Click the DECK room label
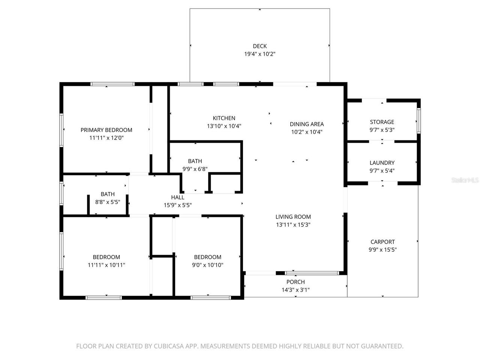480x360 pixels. click(x=259, y=46)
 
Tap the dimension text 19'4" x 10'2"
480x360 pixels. click(x=259, y=54)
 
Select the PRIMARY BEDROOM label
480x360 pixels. click(x=106, y=130)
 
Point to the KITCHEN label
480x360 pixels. click(x=224, y=118)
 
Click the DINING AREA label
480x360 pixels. click(x=307, y=124)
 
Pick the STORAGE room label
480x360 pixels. click(x=382, y=122)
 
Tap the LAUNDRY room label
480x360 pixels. click(x=382, y=163)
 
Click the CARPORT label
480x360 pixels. click(x=382, y=242)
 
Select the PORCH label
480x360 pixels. click(x=295, y=282)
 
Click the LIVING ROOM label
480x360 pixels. click(x=293, y=217)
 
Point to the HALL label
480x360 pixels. click(x=178, y=197)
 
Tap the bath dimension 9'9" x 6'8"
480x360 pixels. click(x=195, y=169)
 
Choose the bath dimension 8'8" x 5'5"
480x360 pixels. click(x=108, y=202)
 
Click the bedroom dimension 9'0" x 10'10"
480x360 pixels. click(x=207, y=265)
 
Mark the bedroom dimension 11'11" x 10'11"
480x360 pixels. click(x=106, y=265)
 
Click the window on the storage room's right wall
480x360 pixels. click(x=418, y=121)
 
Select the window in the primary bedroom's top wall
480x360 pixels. click(x=112, y=84)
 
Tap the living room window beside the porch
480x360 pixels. click(x=312, y=273)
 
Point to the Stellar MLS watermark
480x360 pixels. click(x=465, y=180)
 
